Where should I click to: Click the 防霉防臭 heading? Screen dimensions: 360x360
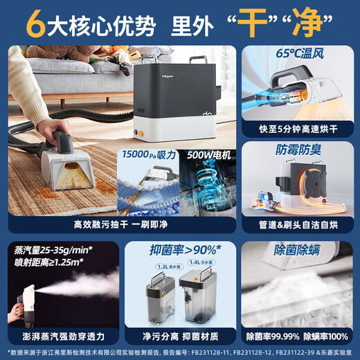[x=299, y=149]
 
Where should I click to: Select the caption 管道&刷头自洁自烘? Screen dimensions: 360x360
[x=299, y=223]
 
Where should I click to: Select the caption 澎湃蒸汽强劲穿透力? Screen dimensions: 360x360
[x=60, y=337]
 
